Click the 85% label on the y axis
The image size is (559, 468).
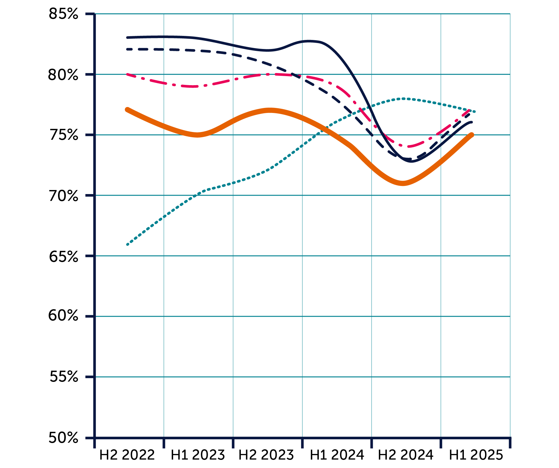tap(63, 14)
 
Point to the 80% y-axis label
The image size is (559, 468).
tap(63, 75)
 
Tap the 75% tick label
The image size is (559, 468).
tap(63, 135)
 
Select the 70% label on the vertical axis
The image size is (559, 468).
tap(63, 196)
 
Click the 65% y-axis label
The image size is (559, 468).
tap(63, 256)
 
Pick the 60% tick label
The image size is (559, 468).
tap(63, 316)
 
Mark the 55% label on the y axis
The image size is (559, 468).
tap(63, 377)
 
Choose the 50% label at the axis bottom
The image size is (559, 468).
tap(63, 438)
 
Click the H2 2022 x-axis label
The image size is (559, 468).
tap(127, 455)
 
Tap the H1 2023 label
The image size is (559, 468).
tap(198, 455)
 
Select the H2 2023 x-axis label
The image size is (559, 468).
tap(266, 455)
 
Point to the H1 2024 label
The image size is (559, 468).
tap(337, 455)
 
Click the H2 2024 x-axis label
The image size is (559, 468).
tap(406, 455)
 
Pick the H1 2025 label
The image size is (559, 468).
tap(476, 455)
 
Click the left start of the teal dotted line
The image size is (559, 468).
tap(127, 245)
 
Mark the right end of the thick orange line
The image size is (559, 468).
tap(472, 135)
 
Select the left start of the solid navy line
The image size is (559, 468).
tap(127, 37)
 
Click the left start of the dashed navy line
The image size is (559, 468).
tap(127, 49)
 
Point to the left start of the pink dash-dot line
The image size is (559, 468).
tap(127, 75)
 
